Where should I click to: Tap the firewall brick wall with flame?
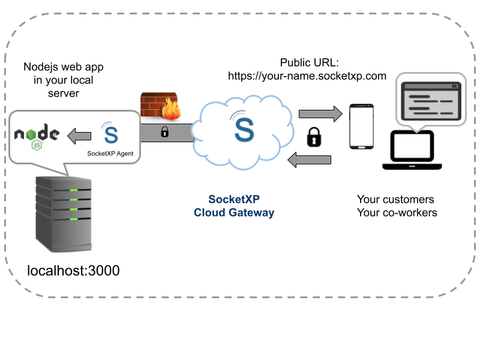160,107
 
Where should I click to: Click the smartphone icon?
362,127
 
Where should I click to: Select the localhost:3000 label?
74,271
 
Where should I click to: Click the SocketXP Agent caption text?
110,154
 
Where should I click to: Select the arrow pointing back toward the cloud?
310,160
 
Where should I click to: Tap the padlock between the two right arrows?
314,137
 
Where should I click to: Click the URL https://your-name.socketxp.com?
307,76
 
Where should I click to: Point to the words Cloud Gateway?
234,212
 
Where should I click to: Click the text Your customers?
395,199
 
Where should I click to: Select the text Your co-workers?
397,212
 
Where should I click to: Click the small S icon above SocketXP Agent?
110,134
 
